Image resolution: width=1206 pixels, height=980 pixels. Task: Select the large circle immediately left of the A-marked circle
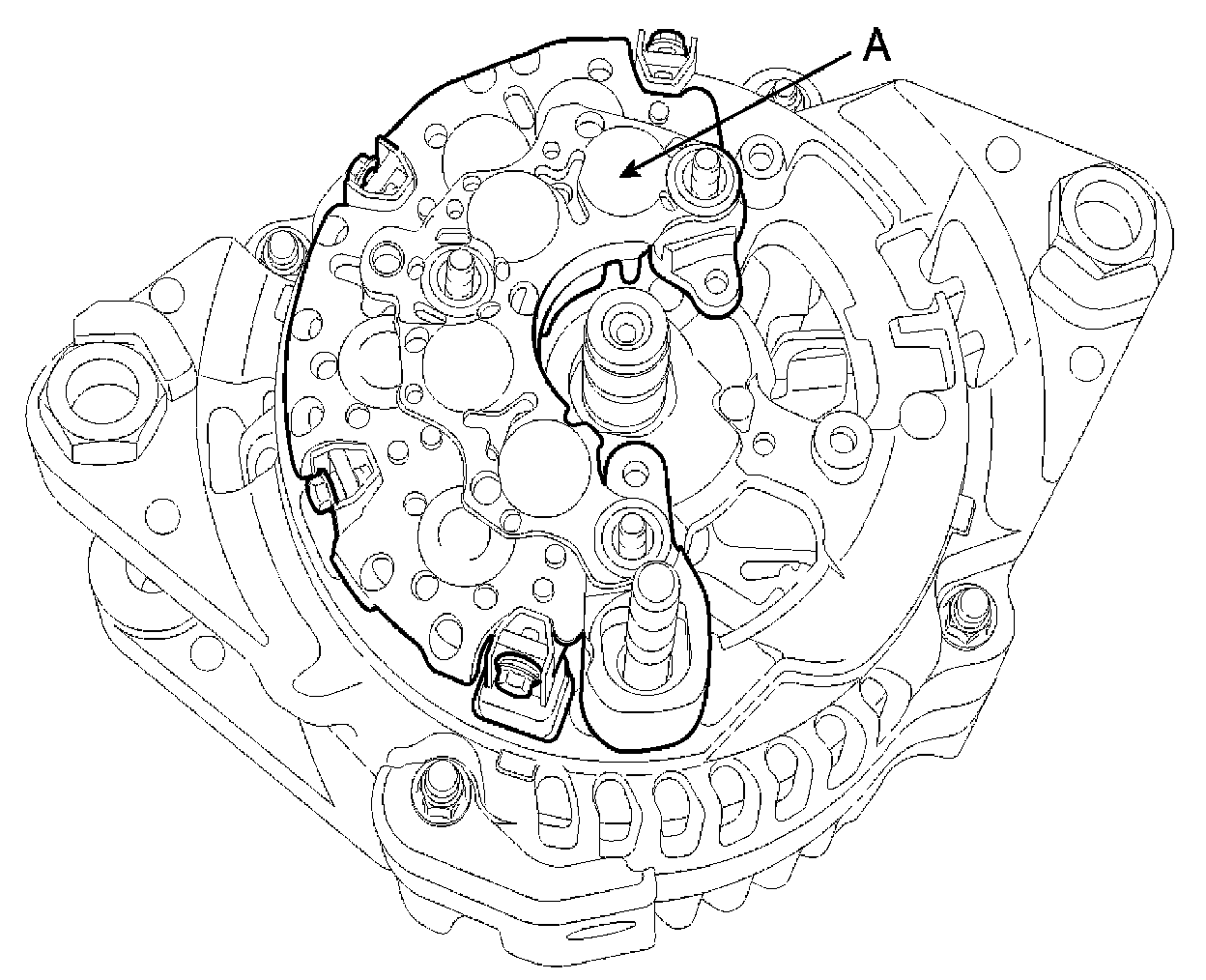click(x=513, y=216)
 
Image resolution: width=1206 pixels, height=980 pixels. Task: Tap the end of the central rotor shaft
click(x=625, y=331)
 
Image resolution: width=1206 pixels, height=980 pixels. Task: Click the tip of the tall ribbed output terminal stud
click(x=655, y=581)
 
